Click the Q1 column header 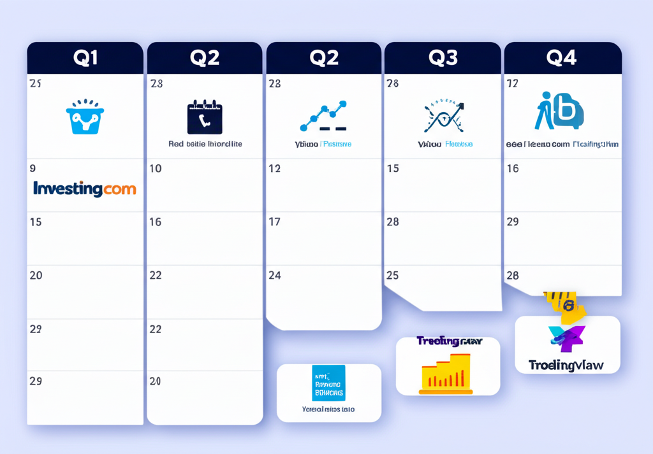85,58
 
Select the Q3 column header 443,58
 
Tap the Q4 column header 562,58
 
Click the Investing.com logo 84,188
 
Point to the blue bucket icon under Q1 85,117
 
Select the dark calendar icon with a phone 205,117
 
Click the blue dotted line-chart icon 323,116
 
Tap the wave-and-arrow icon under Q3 444,116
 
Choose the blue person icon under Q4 559,112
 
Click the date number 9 33,169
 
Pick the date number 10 156,169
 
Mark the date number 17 275,222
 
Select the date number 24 275,276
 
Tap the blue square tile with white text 328,383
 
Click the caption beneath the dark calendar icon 205,145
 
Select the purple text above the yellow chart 449,341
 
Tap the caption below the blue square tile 328,409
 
